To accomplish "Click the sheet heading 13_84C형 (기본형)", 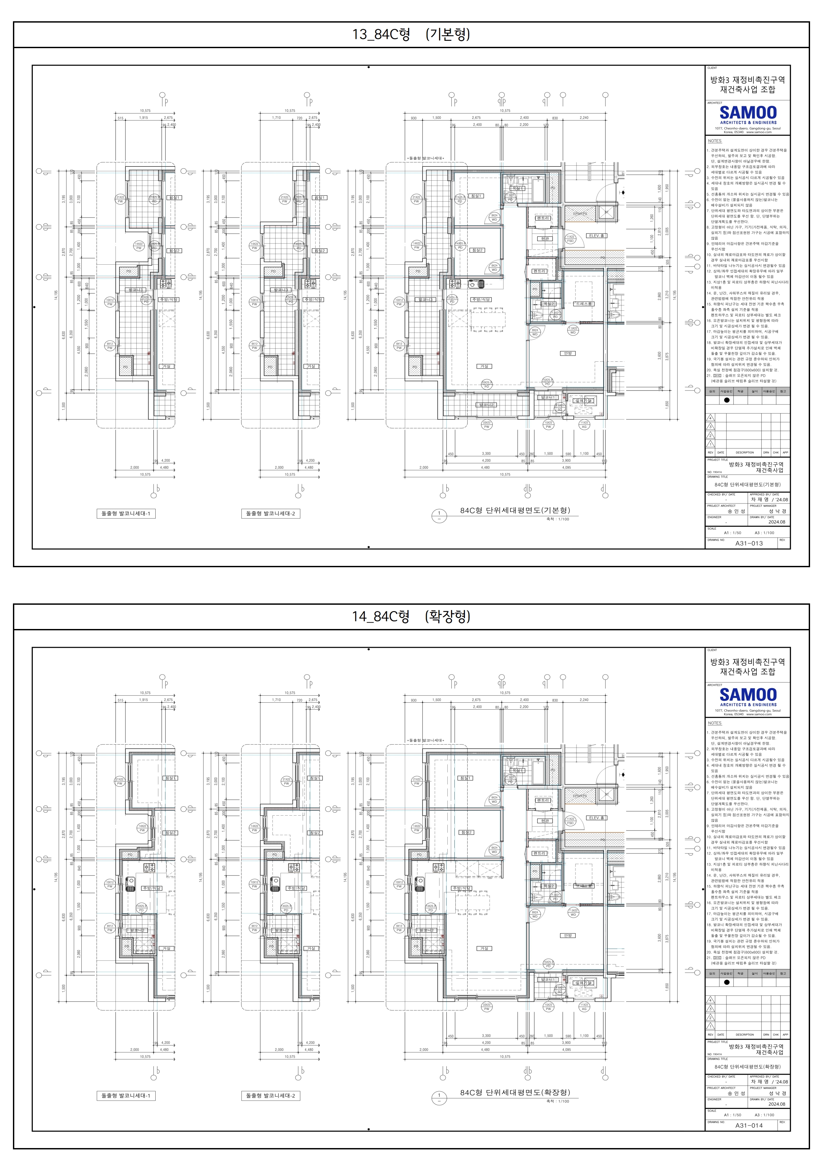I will pos(411,35).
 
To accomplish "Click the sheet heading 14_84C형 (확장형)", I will pos(411,616).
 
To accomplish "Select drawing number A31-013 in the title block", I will pos(749,543).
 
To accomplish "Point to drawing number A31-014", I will pos(749,1125).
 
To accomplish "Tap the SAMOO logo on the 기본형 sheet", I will pos(748,113).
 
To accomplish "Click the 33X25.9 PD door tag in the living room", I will pos(486,385).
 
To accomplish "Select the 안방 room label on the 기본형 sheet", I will pos(567,353).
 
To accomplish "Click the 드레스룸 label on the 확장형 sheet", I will pos(584,885).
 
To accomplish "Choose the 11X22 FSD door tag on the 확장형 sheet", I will pos(570,821).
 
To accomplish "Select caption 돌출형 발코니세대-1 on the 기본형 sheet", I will pos(126,513).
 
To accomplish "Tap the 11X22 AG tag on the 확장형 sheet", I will pos(584,1007).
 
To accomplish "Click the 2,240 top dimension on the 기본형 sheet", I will pos(584,118).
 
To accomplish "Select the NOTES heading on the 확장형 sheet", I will pos(714,723).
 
